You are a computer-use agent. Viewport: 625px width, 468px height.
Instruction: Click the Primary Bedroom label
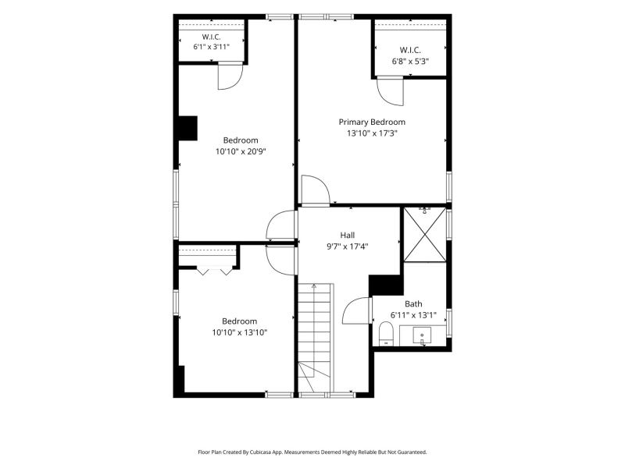tap(372, 122)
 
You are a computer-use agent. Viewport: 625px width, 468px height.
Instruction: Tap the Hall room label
tap(348, 236)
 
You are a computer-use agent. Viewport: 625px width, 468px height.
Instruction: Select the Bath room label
tap(413, 304)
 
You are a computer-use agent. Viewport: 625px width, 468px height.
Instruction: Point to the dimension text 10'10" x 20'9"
tap(241, 151)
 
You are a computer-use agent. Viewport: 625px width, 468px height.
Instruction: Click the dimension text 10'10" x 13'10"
tap(240, 332)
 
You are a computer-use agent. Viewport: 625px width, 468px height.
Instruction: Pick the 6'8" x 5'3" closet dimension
tap(410, 62)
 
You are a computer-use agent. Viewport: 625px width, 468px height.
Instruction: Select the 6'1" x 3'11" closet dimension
tap(212, 47)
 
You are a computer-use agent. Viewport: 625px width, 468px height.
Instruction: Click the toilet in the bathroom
tap(385, 334)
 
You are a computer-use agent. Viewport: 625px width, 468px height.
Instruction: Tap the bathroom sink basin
tap(422, 336)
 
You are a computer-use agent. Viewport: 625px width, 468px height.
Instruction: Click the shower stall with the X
tap(425, 235)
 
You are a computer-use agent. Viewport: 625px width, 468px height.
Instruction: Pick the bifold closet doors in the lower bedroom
tap(214, 271)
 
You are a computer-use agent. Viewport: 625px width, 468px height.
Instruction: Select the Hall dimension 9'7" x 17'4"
tap(348, 246)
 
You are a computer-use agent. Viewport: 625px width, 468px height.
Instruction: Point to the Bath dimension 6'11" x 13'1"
tap(413, 315)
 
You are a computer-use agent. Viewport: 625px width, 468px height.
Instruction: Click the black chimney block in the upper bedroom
tap(187, 128)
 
